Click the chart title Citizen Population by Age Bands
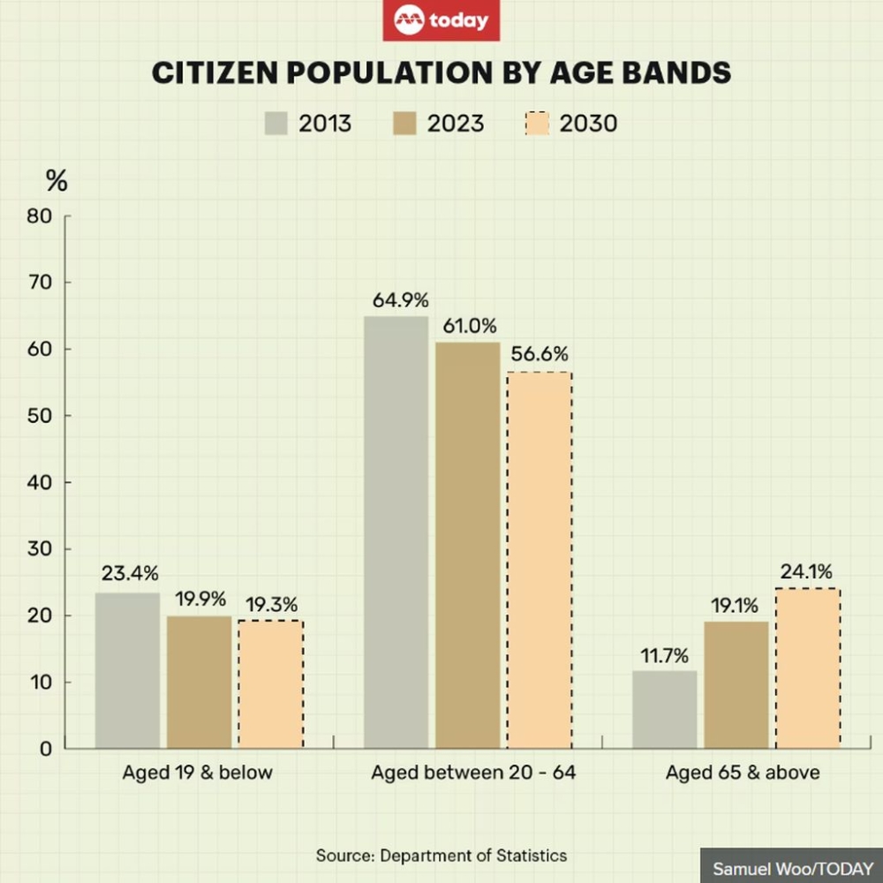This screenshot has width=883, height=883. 441,72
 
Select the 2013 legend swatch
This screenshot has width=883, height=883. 276,123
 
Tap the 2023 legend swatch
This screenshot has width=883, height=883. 404,123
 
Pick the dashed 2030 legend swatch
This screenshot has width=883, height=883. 537,123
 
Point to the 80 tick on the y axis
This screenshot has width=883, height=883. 42,216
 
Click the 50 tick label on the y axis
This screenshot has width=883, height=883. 42,416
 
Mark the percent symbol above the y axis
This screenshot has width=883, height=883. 57,183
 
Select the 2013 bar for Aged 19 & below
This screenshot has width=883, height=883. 128,671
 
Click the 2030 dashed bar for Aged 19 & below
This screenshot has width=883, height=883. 270,684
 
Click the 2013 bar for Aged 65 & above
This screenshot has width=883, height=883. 664,710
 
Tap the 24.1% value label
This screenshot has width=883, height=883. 805,572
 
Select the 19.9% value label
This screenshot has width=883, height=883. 200,600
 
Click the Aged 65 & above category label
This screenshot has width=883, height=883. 743,773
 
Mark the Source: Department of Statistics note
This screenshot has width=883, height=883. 441,855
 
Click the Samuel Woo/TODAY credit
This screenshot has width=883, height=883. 792,868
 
